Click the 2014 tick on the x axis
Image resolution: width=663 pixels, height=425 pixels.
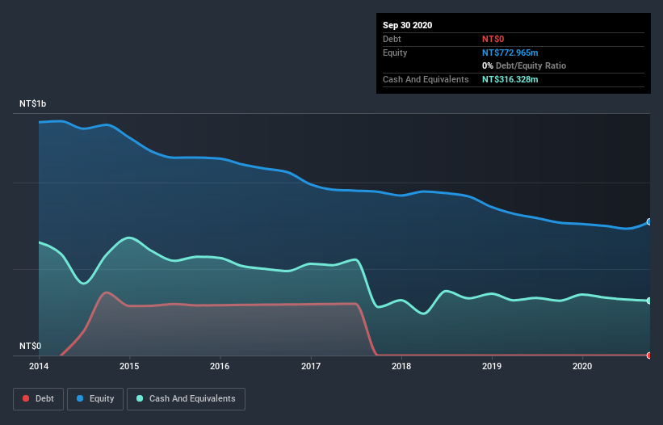point(39,366)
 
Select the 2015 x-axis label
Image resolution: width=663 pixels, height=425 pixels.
point(129,366)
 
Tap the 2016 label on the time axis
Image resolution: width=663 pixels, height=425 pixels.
point(220,366)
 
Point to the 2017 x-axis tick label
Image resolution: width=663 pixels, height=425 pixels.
point(310,366)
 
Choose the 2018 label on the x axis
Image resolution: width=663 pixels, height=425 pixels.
point(401,366)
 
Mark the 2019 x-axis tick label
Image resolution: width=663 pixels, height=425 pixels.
point(491,366)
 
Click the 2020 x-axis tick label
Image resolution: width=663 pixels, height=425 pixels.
point(581,366)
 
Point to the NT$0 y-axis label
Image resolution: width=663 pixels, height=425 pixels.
point(31,346)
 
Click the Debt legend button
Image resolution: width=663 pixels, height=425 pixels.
point(38,398)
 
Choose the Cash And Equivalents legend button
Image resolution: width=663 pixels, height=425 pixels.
point(186,398)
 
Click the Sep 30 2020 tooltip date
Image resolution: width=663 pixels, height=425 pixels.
point(408,25)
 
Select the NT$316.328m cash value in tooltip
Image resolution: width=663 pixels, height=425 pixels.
point(515,79)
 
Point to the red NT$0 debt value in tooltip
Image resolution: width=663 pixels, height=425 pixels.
point(493,39)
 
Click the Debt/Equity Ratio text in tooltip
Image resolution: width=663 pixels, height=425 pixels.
point(530,65)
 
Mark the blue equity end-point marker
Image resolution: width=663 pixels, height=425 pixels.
point(648,221)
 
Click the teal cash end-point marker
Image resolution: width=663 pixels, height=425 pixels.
point(648,301)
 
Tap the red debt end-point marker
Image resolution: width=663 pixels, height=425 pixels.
point(648,355)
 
